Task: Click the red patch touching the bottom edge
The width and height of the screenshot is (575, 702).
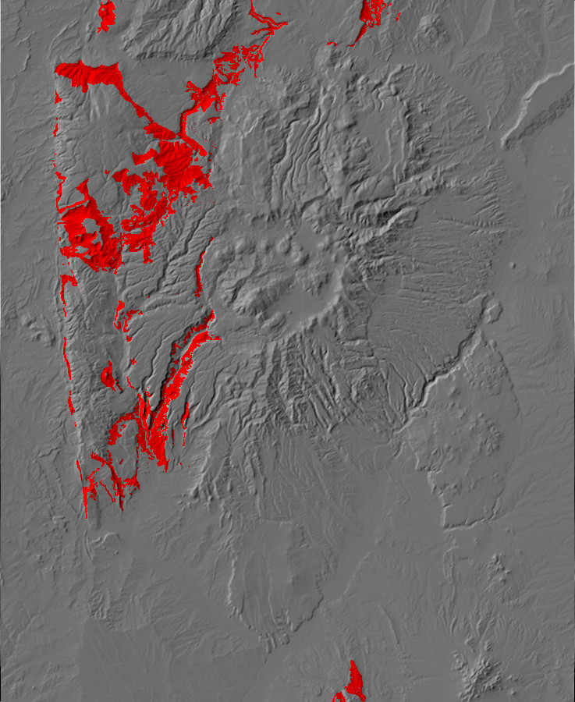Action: pyautogui.click(x=353, y=684)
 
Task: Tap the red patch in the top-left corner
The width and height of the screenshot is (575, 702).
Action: pyautogui.click(x=106, y=14)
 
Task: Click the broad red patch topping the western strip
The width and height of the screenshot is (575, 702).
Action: pyautogui.click(x=87, y=74)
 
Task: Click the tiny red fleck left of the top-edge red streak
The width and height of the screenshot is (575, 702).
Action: pyautogui.click(x=332, y=42)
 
